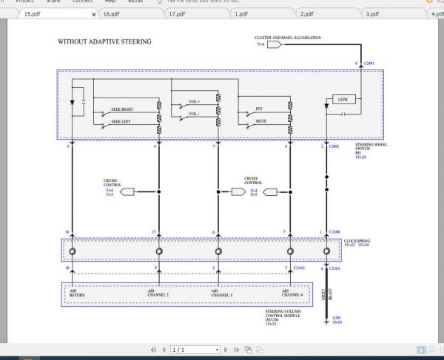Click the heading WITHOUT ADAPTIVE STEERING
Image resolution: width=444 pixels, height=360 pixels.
pyautogui.click(x=104, y=42)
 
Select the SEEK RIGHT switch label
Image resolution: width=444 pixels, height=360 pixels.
pyautogui.click(x=122, y=109)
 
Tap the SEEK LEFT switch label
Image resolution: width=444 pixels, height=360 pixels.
pyautogui.click(x=121, y=121)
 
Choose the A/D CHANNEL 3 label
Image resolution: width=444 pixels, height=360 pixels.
pyautogui.click(x=216, y=293)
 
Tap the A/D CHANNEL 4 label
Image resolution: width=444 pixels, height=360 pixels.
pyautogui.click(x=289, y=293)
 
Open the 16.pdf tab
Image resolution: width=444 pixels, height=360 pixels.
pyautogui.click(x=110, y=13)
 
